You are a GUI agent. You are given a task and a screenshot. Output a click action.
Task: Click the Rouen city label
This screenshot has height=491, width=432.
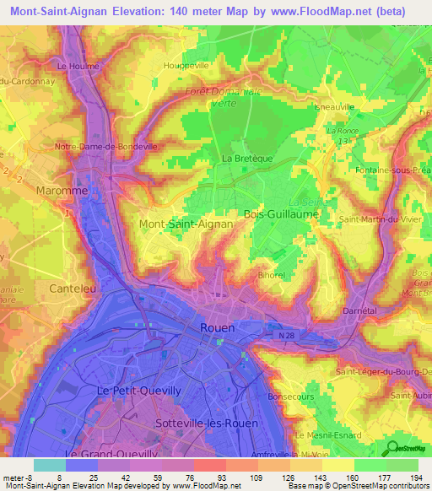point(218,327)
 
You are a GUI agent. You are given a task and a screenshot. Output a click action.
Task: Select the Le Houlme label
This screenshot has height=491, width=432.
point(78,66)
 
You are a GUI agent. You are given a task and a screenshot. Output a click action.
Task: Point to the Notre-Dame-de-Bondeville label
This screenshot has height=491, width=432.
point(106,146)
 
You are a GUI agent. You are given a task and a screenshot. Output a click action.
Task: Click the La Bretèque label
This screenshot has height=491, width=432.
point(242,158)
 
